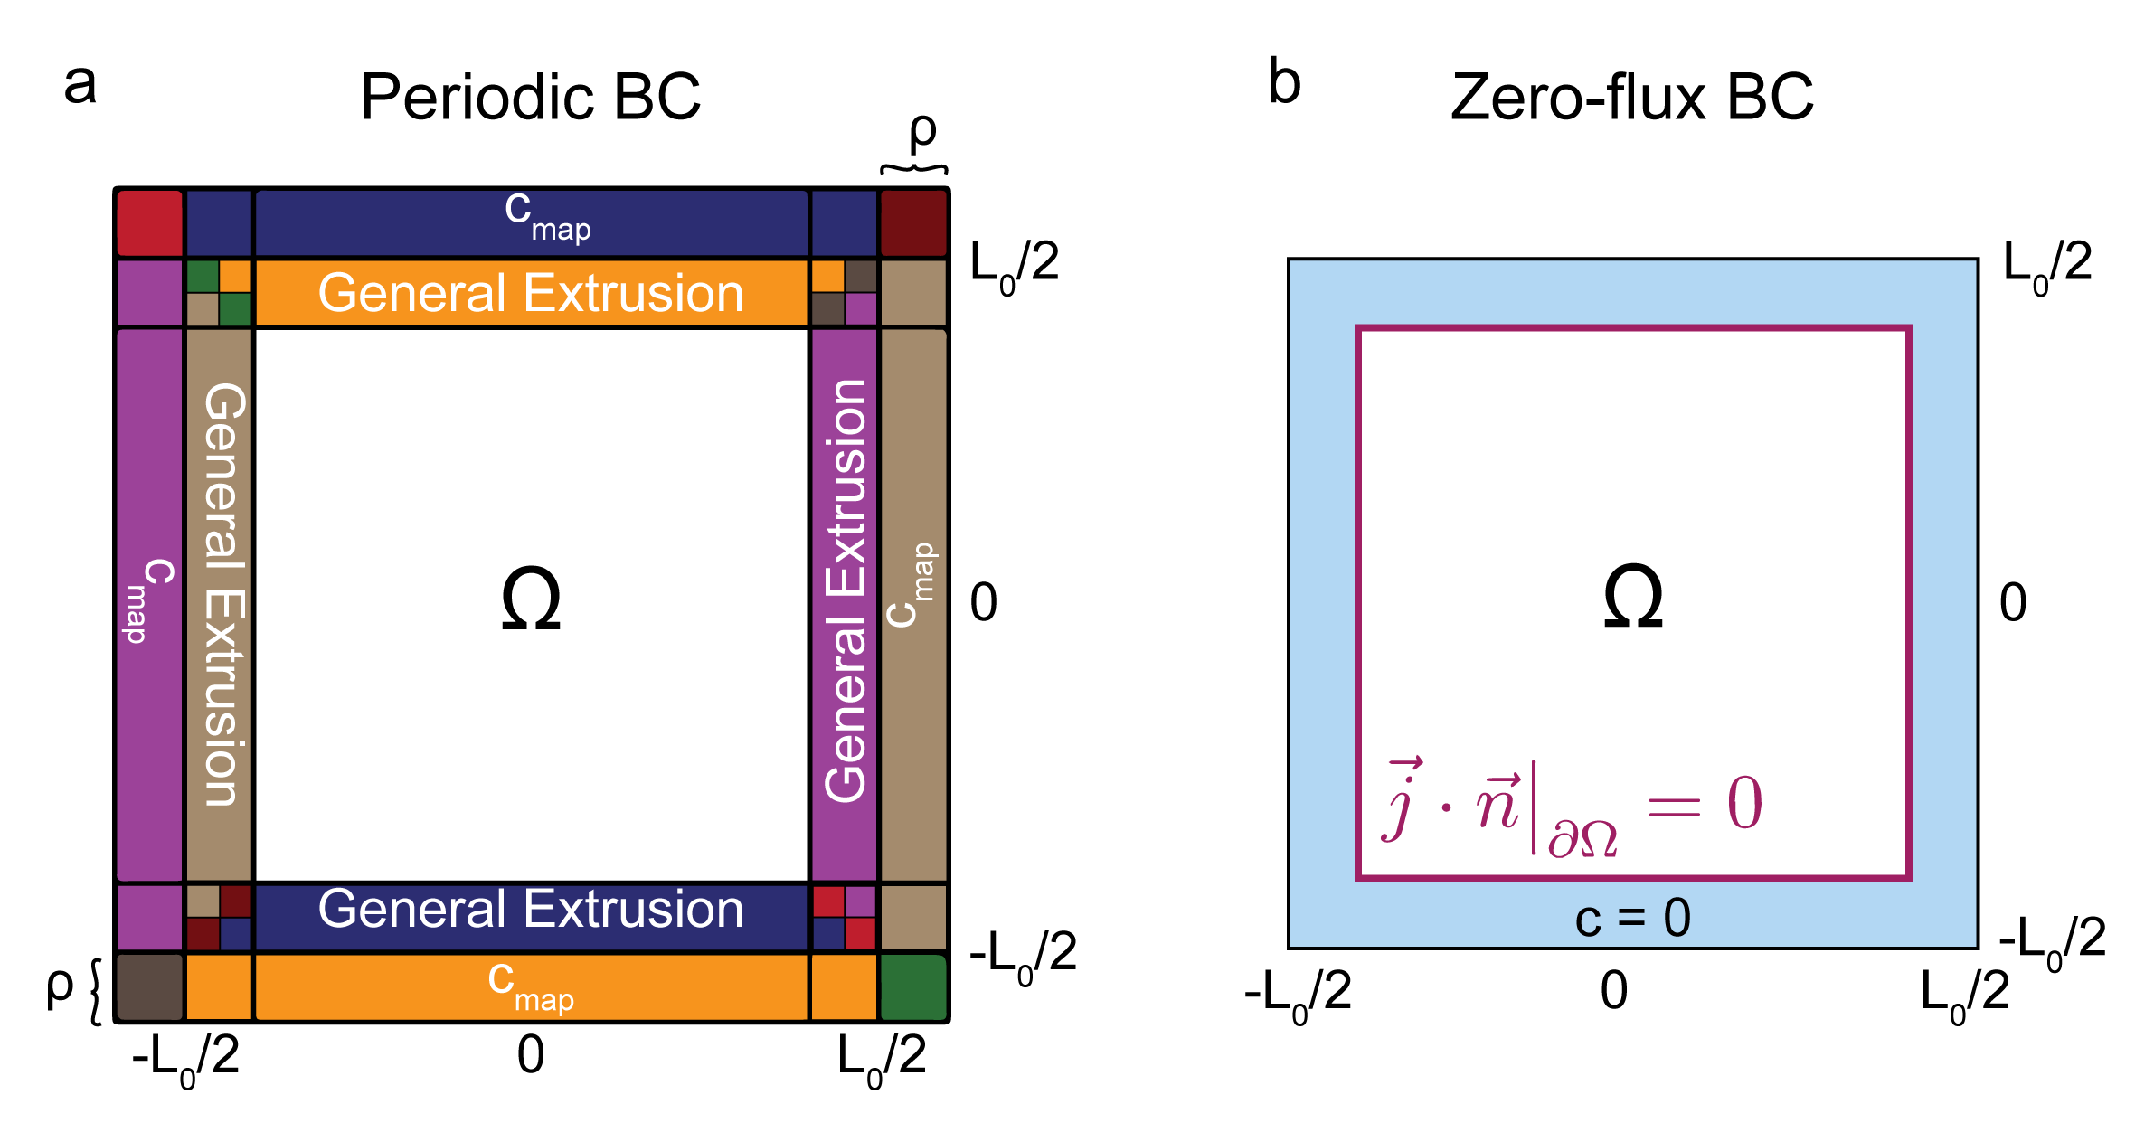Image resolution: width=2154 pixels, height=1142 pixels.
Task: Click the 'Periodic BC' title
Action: tap(530, 97)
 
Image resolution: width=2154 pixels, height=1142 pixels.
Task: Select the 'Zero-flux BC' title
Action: tap(1631, 97)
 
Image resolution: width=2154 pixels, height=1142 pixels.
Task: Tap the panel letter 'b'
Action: tap(1284, 83)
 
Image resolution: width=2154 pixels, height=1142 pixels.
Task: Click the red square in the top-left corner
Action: tap(150, 222)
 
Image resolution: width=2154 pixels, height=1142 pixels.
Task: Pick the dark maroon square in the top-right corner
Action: tap(913, 222)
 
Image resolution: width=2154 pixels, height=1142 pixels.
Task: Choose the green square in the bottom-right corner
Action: tap(913, 987)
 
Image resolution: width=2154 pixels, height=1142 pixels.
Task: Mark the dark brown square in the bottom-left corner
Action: tap(150, 987)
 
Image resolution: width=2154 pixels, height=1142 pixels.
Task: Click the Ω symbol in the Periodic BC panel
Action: tap(531, 599)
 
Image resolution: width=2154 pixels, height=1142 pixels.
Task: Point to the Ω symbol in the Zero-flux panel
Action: tap(1632, 597)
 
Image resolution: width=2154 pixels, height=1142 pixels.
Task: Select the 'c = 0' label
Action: tap(1632, 918)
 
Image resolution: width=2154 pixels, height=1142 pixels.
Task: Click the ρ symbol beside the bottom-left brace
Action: tap(60, 987)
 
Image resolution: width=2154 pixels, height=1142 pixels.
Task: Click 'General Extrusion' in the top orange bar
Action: tap(531, 293)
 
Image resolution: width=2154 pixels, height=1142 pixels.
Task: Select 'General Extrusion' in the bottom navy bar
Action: tap(531, 910)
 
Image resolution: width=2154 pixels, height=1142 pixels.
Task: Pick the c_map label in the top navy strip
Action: tap(547, 217)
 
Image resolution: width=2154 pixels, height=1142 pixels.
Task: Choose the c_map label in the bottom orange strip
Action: tap(531, 987)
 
